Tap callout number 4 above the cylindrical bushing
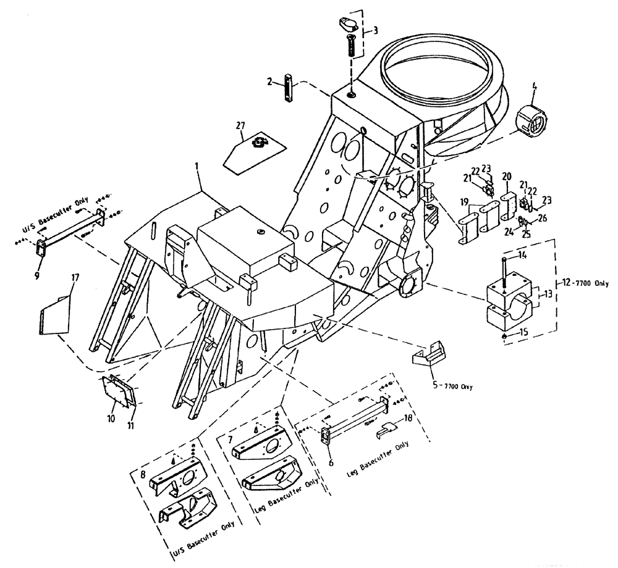pos(535,86)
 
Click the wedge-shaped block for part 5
pos(427,356)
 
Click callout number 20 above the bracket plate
pos(506,177)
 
